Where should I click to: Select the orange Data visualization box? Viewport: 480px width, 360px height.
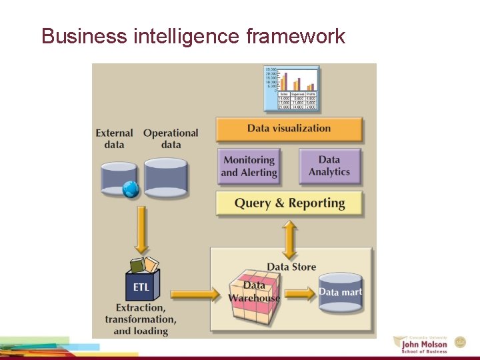(289, 129)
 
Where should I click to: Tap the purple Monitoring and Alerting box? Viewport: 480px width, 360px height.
(249, 166)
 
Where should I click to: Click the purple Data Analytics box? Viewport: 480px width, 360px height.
(329, 166)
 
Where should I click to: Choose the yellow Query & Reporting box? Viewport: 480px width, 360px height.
(289, 203)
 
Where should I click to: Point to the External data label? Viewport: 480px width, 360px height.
(114, 139)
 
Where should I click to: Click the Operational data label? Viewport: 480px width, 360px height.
(171, 139)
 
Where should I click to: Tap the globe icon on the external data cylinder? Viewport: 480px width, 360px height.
(131, 189)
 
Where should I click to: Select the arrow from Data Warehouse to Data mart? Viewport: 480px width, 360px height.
(300, 293)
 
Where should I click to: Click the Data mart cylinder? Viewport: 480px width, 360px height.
(340, 292)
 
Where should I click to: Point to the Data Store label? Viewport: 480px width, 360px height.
(291, 267)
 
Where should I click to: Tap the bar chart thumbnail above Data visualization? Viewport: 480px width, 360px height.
(291, 88)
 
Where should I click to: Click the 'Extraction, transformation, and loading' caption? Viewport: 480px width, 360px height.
(141, 319)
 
